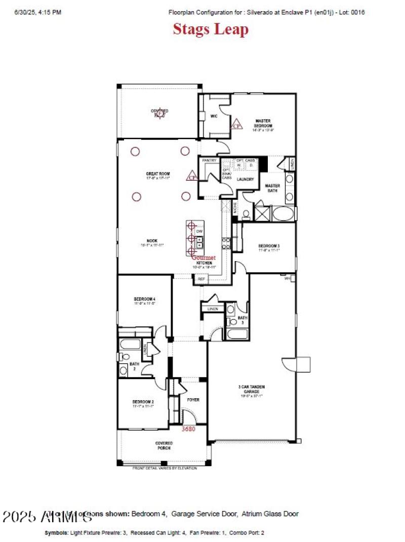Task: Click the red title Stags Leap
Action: pyautogui.click(x=211, y=29)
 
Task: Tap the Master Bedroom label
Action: pyautogui.click(x=263, y=123)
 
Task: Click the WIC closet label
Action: pyautogui.click(x=214, y=116)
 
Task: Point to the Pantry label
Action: pyautogui.click(x=209, y=160)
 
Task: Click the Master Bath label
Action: pyautogui.click(x=273, y=188)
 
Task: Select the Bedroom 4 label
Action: pyautogui.click(x=144, y=298)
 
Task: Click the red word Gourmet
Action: pyautogui.click(x=204, y=258)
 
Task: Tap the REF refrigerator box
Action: pyautogui.click(x=201, y=279)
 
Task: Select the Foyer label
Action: pyautogui.click(x=193, y=399)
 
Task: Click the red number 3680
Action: pyautogui.click(x=188, y=429)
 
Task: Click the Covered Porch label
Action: pyautogui.click(x=164, y=445)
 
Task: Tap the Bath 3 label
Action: pyautogui.click(x=242, y=320)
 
